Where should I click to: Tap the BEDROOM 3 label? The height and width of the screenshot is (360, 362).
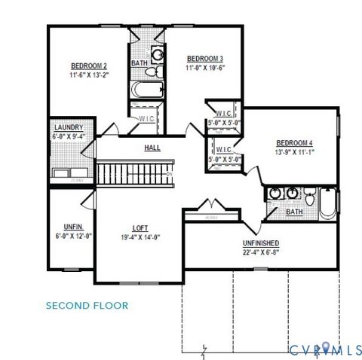coord(205,59)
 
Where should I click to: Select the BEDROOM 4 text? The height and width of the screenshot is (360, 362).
coord(294,143)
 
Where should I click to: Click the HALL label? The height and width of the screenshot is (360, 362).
coord(152,148)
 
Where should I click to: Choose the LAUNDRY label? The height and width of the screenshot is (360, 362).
coord(68,128)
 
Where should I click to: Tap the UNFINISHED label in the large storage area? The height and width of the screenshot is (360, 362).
coord(261,243)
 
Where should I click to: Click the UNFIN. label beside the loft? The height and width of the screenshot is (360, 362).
coord(73,227)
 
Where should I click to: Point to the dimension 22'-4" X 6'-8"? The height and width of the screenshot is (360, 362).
coord(261,252)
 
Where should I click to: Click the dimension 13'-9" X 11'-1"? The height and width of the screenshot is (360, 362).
coord(294,152)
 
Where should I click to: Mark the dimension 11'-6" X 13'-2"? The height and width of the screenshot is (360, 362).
coord(90,74)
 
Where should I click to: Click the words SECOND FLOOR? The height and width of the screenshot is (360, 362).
coord(87,306)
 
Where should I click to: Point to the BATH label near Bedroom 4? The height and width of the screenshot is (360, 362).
coord(295,212)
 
